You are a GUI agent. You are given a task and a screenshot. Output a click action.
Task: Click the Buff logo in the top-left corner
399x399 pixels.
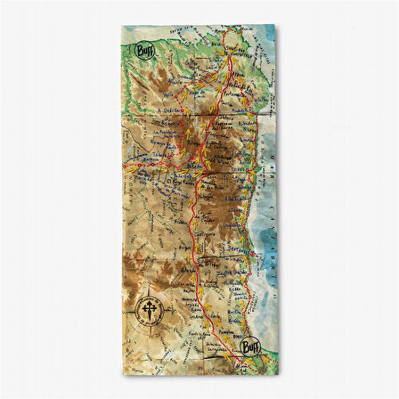point(142,51)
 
